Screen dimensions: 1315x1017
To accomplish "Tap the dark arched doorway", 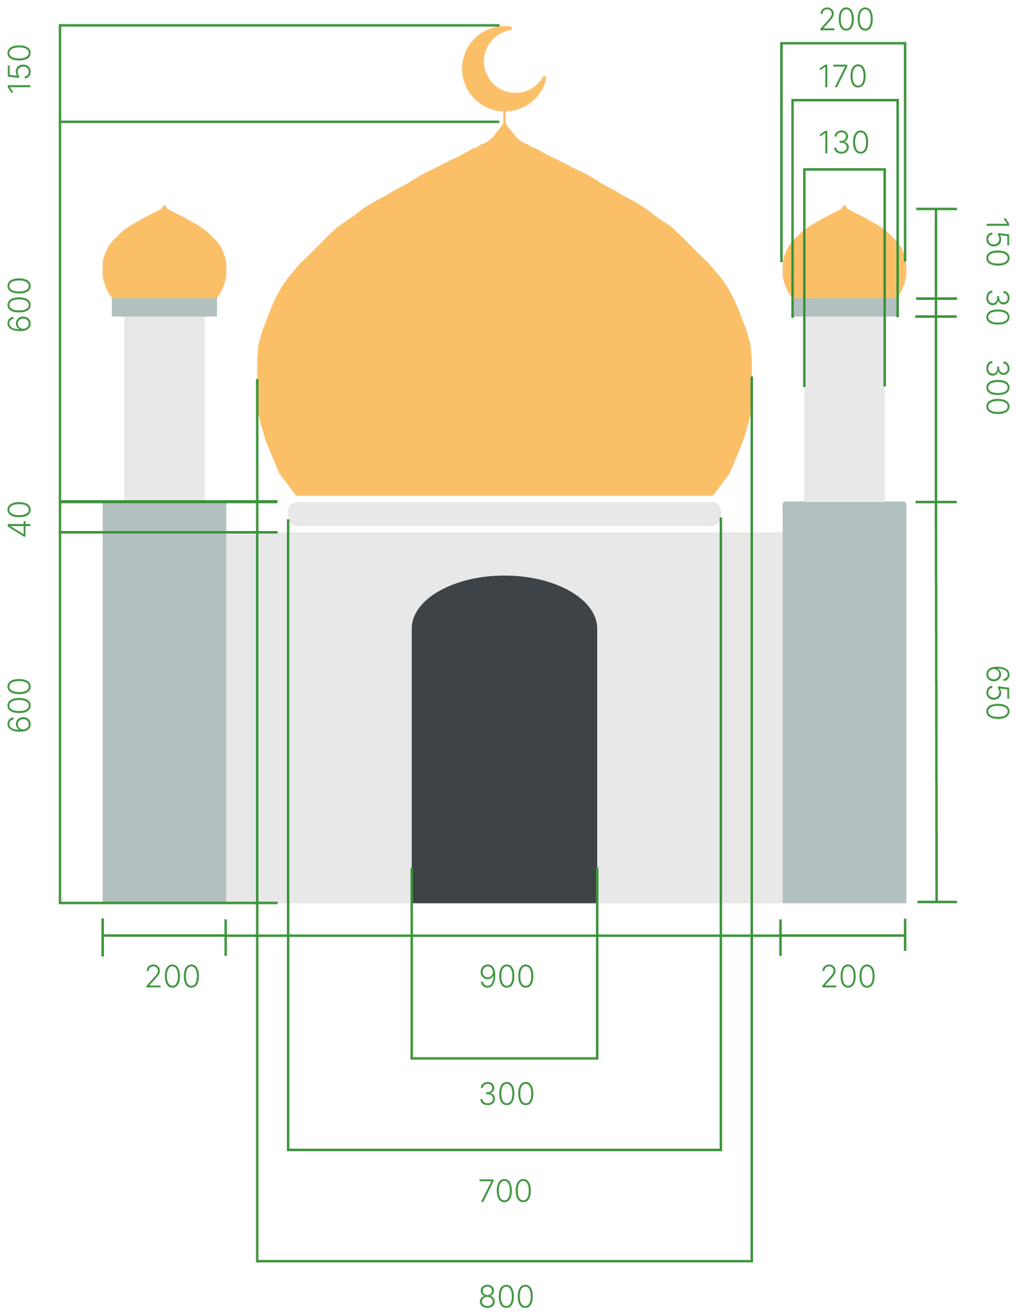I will tap(505, 738).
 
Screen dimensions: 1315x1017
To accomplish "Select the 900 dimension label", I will tap(507, 977).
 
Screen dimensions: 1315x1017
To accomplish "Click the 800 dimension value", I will tap(506, 1296).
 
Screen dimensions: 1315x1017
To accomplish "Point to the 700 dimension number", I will tap(505, 1191).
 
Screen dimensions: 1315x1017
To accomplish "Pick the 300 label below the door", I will tap(507, 1093).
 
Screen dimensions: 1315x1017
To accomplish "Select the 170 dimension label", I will tap(842, 76).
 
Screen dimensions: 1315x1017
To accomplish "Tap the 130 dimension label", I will tap(844, 143).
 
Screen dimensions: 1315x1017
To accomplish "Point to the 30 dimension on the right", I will tap(997, 308).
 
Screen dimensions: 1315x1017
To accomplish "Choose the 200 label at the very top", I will tap(846, 20).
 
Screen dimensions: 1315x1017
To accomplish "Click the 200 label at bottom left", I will tap(172, 977).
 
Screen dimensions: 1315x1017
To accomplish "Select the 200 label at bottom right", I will tap(847, 977).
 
